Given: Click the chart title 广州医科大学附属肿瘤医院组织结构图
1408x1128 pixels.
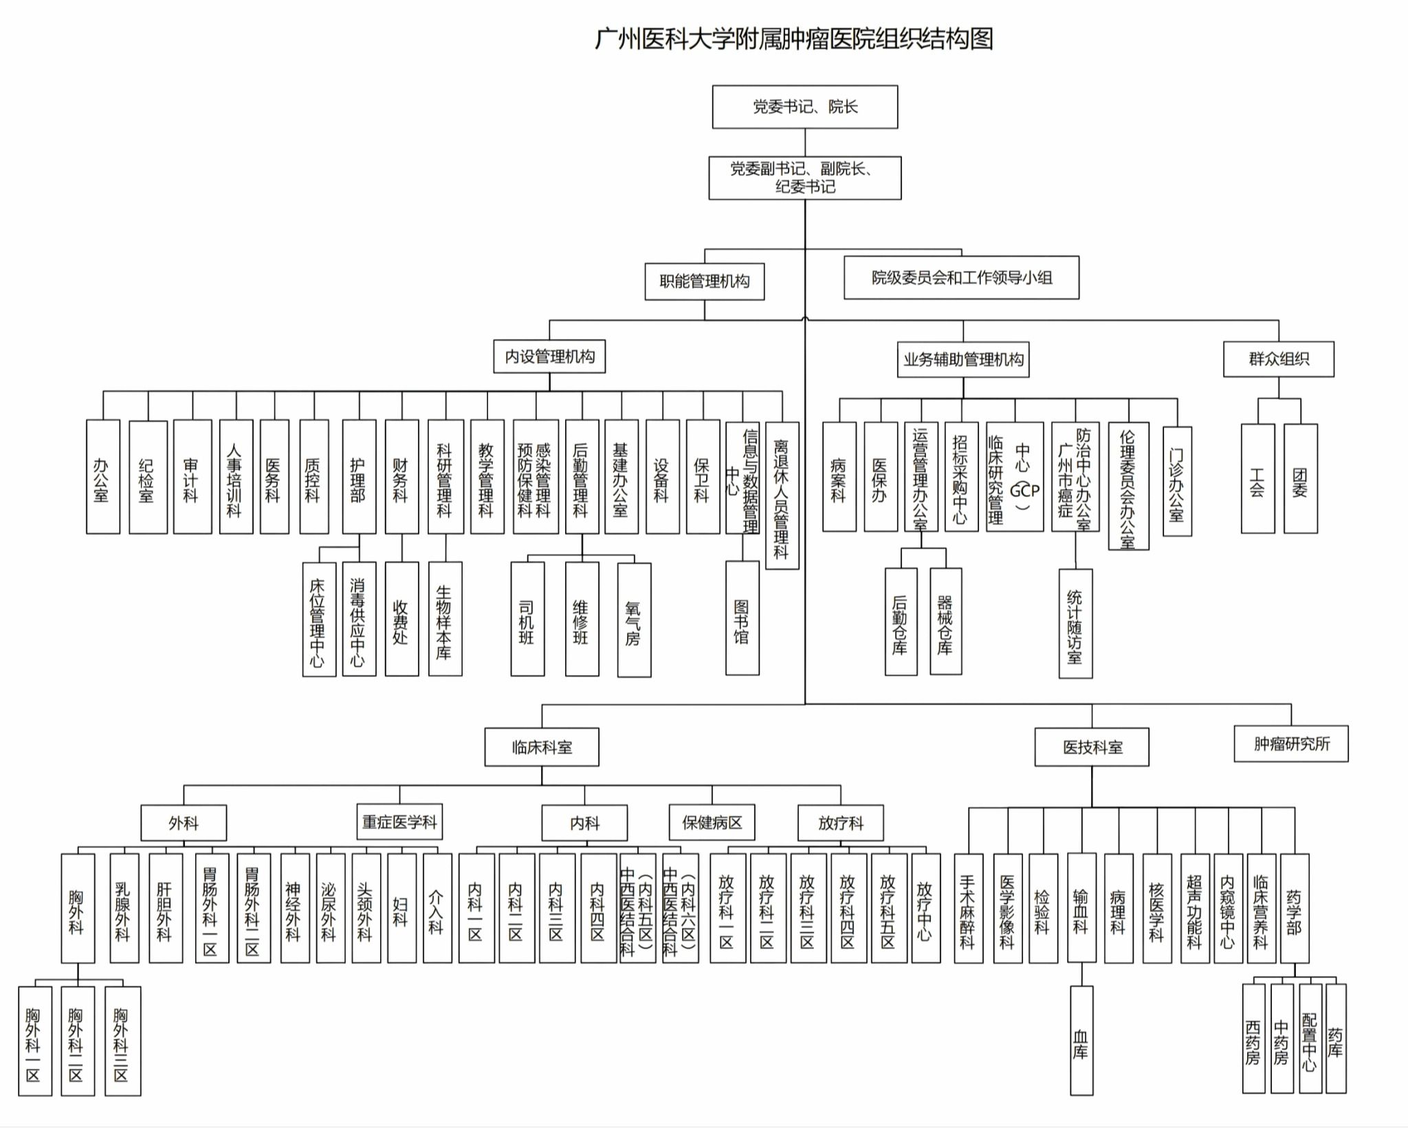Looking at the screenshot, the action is click(x=794, y=38).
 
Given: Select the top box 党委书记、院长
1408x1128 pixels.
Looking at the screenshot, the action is click(x=805, y=107).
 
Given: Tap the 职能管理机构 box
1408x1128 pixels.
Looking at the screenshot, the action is click(x=705, y=281).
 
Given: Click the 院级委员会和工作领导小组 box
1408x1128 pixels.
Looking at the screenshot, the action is click(x=962, y=278).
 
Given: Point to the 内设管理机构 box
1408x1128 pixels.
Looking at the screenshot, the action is click(x=549, y=356).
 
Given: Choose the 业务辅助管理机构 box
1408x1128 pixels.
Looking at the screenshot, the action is click(x=963, y=360).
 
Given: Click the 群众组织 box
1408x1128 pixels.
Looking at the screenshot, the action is click(x=1279, y=359).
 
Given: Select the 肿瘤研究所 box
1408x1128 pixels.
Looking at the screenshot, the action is click(x=1291, y=744).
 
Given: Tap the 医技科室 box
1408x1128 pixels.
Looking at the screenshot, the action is click(x=1092, y=747).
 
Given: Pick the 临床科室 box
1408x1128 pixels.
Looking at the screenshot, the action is click(x=542, y=747).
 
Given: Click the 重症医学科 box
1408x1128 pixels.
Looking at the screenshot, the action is click(x=399, y=821).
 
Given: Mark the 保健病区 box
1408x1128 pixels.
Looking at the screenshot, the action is click(x=712, y=822).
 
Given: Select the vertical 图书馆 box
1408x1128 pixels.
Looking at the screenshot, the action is click(x=742, y=618).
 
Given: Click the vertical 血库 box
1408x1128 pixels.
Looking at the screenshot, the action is click(x=1081, y=1040).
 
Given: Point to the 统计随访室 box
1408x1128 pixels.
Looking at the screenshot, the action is click(x=1075, y=623).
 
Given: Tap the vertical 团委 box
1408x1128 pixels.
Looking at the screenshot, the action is click(x=1301, y=478).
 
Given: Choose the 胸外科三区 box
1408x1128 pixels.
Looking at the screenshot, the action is click(x=122, y=1041).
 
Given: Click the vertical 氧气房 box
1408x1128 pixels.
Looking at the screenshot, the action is click(x=634, y=620).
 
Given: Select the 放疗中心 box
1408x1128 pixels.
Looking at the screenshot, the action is click(x=926, y=908).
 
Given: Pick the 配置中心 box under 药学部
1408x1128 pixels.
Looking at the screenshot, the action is click(x=1310, y=1039).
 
